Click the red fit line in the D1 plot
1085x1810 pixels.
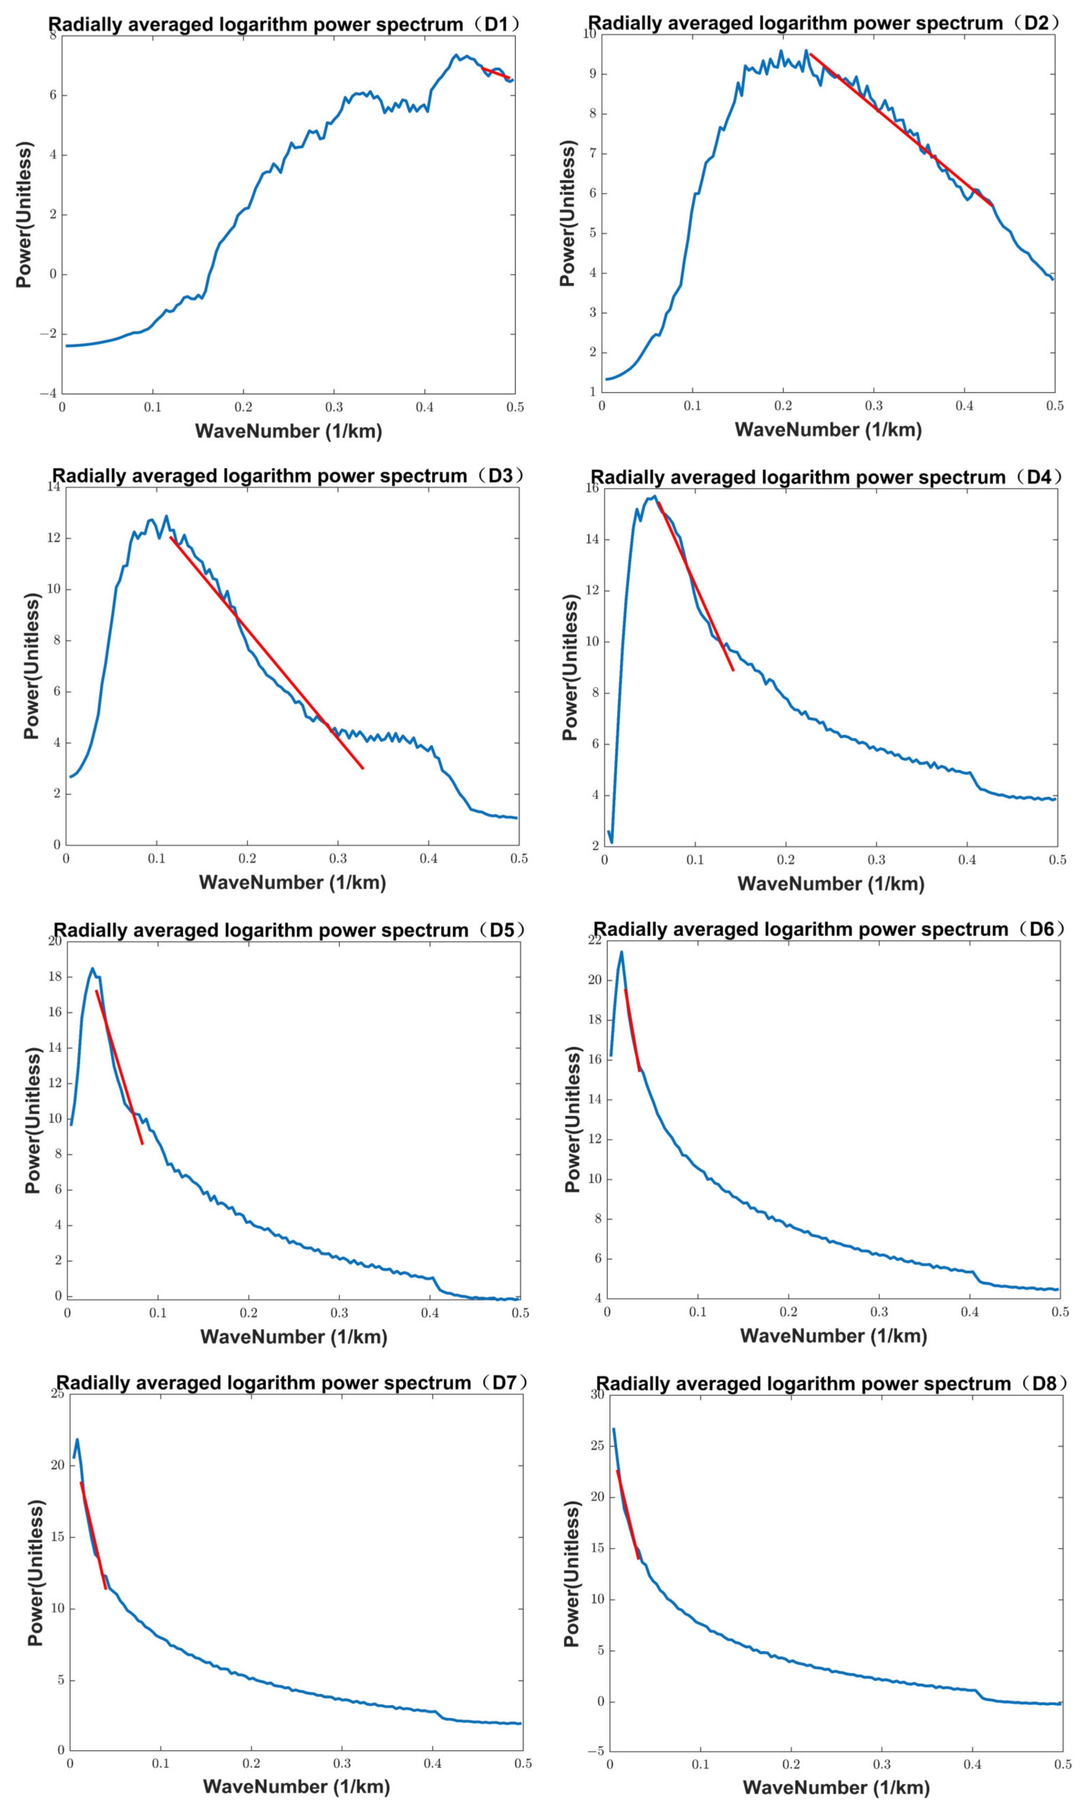point(496,73)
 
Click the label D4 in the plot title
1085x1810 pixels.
point(1038,478)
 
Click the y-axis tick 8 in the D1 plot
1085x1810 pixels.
point(53,35)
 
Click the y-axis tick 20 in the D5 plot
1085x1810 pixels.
point(55,941)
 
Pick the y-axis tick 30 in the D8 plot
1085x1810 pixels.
point(597,1395)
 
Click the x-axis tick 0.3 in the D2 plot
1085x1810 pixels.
point(874,406)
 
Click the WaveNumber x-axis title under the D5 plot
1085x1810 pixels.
point(293,1337)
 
